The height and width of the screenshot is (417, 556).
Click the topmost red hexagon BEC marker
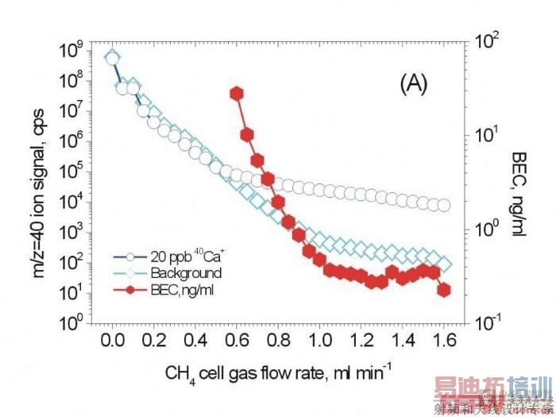(237, 94)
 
